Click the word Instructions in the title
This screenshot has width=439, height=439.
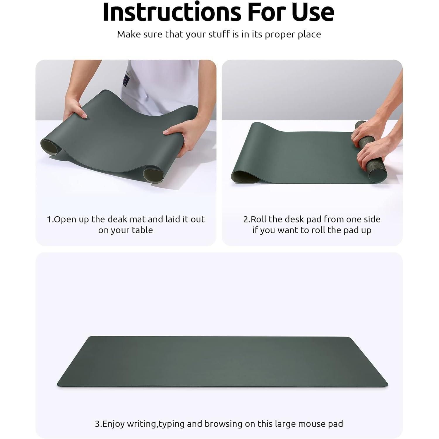pos(172,12)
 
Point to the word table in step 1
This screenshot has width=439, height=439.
pos(143,230)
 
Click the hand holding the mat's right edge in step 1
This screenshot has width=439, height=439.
pos(179,136)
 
